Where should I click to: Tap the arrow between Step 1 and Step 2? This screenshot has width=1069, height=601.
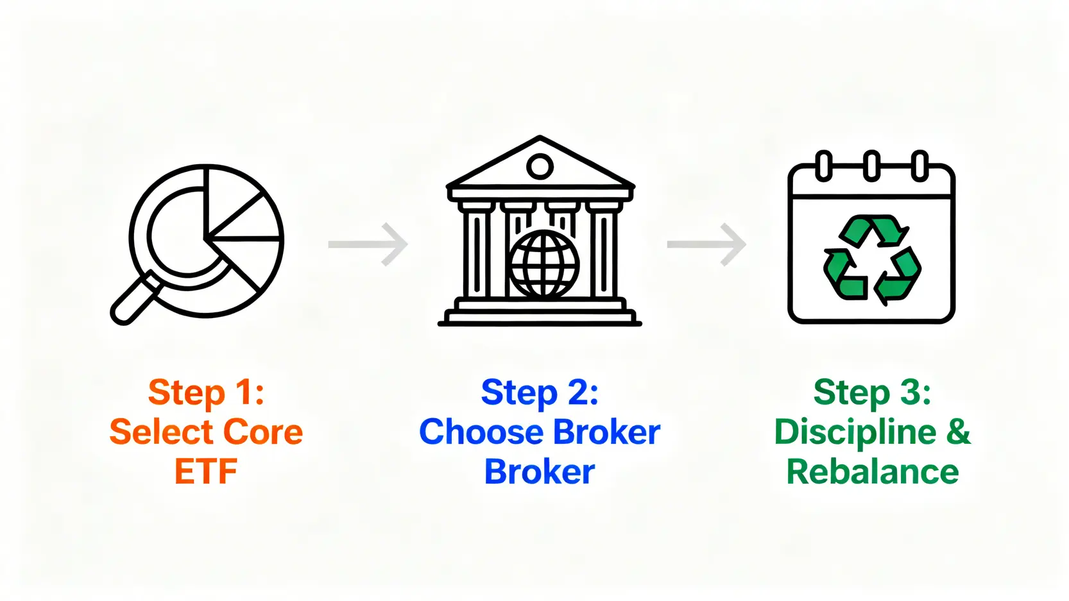[368, 244]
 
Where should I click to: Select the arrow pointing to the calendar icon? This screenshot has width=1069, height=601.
[706, 244]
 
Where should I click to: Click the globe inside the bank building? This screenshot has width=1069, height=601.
[544, 265]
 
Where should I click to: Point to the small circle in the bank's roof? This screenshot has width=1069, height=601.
[540, 167]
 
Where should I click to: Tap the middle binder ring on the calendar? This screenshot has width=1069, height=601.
[871, 165]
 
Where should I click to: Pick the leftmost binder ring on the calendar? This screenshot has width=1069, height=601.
[824, 165]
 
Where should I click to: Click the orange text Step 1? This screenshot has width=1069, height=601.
[206, 392]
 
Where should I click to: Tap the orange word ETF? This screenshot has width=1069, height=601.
[206, 471]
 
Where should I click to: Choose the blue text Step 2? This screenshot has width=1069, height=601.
[540, 392]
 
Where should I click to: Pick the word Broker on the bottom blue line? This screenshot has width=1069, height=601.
[540, 471]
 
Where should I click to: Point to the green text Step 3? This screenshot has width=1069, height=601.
[872, 392]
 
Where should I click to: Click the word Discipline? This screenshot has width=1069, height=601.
[855, 432]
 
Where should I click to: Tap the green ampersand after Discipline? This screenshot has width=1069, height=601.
[958, 432]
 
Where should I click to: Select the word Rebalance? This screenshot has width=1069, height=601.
[872, 471]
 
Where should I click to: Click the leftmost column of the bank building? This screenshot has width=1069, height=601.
[476, 254]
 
